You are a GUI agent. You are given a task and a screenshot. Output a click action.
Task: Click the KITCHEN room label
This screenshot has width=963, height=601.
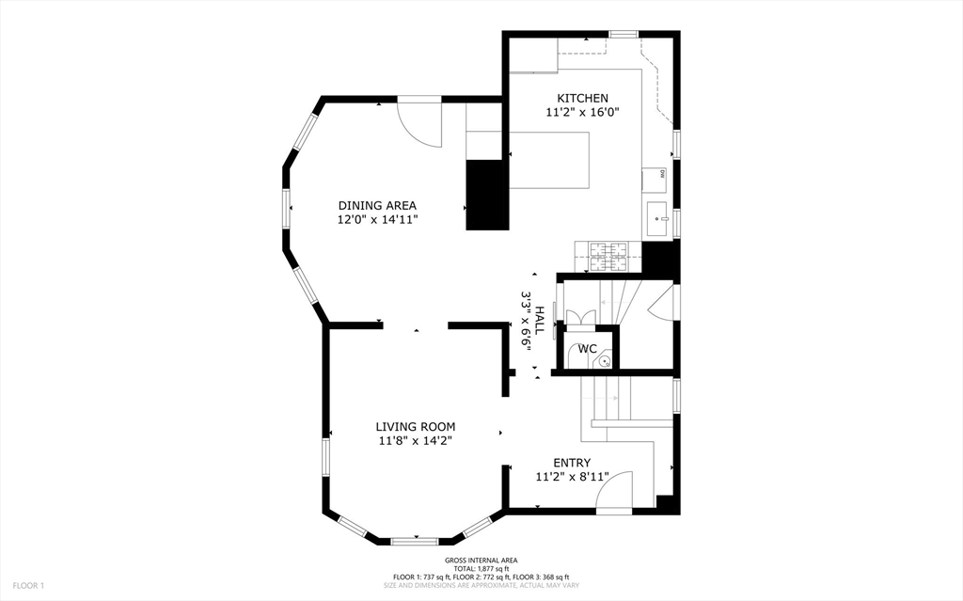[x=582, y=98]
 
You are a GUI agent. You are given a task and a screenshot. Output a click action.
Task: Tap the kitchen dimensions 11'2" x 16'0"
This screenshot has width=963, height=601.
[x=582, y=112]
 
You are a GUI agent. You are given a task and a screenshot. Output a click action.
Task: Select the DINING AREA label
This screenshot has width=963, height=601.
[x=377, y=205]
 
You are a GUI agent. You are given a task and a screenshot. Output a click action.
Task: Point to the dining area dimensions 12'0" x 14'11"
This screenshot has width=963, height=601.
[x=377, y=219]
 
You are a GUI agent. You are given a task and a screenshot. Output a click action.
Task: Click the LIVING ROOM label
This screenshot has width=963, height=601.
[x=416, y=426]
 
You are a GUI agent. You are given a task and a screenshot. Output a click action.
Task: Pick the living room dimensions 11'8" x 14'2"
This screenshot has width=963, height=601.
[x=416, y=440]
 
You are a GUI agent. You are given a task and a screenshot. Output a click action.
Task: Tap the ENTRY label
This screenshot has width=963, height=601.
[x=572, y=463]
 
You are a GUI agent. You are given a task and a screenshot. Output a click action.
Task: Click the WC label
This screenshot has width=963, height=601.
[x=587, y=349]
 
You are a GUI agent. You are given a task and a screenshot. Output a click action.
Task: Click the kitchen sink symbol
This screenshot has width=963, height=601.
[x=656, y=220]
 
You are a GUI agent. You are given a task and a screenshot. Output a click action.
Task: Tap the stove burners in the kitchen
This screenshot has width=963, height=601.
[x=608, y=250]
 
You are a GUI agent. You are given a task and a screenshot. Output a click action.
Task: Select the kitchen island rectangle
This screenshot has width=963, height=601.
[x=550, y=160]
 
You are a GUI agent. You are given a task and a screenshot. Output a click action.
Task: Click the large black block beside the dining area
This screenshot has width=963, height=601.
[x=487, y=195]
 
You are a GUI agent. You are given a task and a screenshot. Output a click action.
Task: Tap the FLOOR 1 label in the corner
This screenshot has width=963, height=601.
[x=28, y=586]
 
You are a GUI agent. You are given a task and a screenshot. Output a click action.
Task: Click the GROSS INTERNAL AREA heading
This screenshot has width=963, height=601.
[x=481, y=561]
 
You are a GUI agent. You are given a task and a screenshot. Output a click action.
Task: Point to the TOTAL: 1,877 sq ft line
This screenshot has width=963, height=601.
[x=481, y=568]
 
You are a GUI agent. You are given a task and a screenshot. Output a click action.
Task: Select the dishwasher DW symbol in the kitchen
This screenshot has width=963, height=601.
[x=662, y=174]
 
